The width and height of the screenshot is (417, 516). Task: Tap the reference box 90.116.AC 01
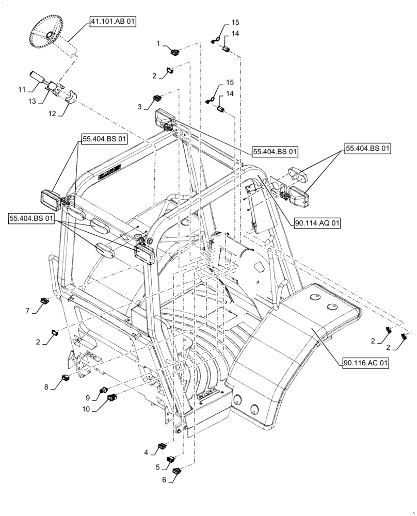tap(364, 363)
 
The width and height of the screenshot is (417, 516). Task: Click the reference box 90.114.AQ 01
tap(317, 223)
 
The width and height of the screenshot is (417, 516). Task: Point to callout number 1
tap(158, 44)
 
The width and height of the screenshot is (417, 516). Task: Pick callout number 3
tap(139, 106)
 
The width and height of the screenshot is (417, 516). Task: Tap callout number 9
tap(88, 397)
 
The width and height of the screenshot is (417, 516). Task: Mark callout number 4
tap(147, 453)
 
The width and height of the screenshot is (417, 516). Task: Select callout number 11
tap(22, 90)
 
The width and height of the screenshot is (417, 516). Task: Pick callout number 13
tap(33, 102)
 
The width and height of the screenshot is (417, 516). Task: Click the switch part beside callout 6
tap(178, 471)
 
